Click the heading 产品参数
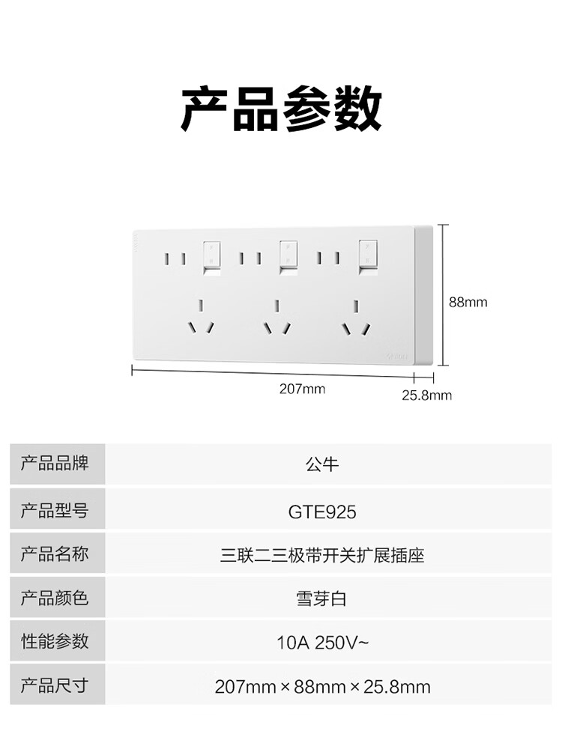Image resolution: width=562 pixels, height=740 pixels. (282, 109)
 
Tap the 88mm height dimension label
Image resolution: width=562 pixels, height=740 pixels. (468, 302)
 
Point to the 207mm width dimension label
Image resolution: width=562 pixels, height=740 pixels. (302, 389)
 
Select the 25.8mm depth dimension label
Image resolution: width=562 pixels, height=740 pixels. (426, 395)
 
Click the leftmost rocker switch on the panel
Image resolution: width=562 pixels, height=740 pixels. (211, 258)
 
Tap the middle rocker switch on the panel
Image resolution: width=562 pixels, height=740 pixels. (288, 257)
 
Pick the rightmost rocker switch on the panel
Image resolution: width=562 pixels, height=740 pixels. (368, 257)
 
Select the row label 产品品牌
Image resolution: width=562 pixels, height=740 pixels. (55, 464)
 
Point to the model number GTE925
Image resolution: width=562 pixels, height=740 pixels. (322, 512)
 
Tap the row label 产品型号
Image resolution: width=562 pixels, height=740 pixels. (55, 510)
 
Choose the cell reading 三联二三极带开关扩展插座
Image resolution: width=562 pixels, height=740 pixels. (322, 556)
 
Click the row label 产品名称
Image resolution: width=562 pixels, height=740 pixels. (55, 554)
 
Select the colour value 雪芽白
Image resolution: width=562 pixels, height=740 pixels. (321, 599)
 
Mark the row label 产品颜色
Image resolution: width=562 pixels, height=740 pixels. (55, 598)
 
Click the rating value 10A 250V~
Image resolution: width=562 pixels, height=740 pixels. (322, 643)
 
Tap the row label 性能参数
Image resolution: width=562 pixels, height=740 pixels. (55, 641)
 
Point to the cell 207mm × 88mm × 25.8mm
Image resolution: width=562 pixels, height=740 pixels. (322, 687)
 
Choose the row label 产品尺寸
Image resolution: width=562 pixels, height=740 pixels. (55, 685)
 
